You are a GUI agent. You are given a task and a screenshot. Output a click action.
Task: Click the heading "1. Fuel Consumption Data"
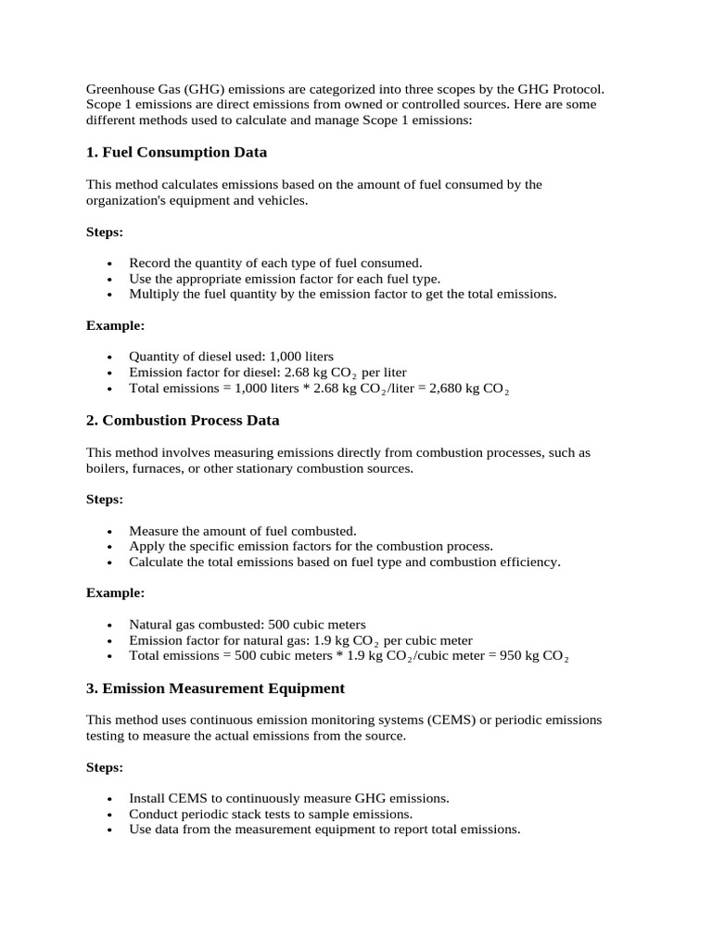point(176,152)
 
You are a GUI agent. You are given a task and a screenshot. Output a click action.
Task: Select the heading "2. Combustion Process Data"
point(183,420)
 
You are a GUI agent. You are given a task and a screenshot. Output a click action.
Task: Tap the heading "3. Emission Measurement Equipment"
point(215,688)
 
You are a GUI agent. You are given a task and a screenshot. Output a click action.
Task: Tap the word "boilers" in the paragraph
point(107,468)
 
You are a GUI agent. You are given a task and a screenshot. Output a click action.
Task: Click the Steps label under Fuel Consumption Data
point(105,232)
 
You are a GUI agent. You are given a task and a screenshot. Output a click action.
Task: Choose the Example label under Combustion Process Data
point(116,592)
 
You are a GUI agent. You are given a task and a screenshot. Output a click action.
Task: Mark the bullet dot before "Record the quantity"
point(109,263)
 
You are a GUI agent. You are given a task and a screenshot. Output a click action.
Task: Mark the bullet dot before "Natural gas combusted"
point(109,625)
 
